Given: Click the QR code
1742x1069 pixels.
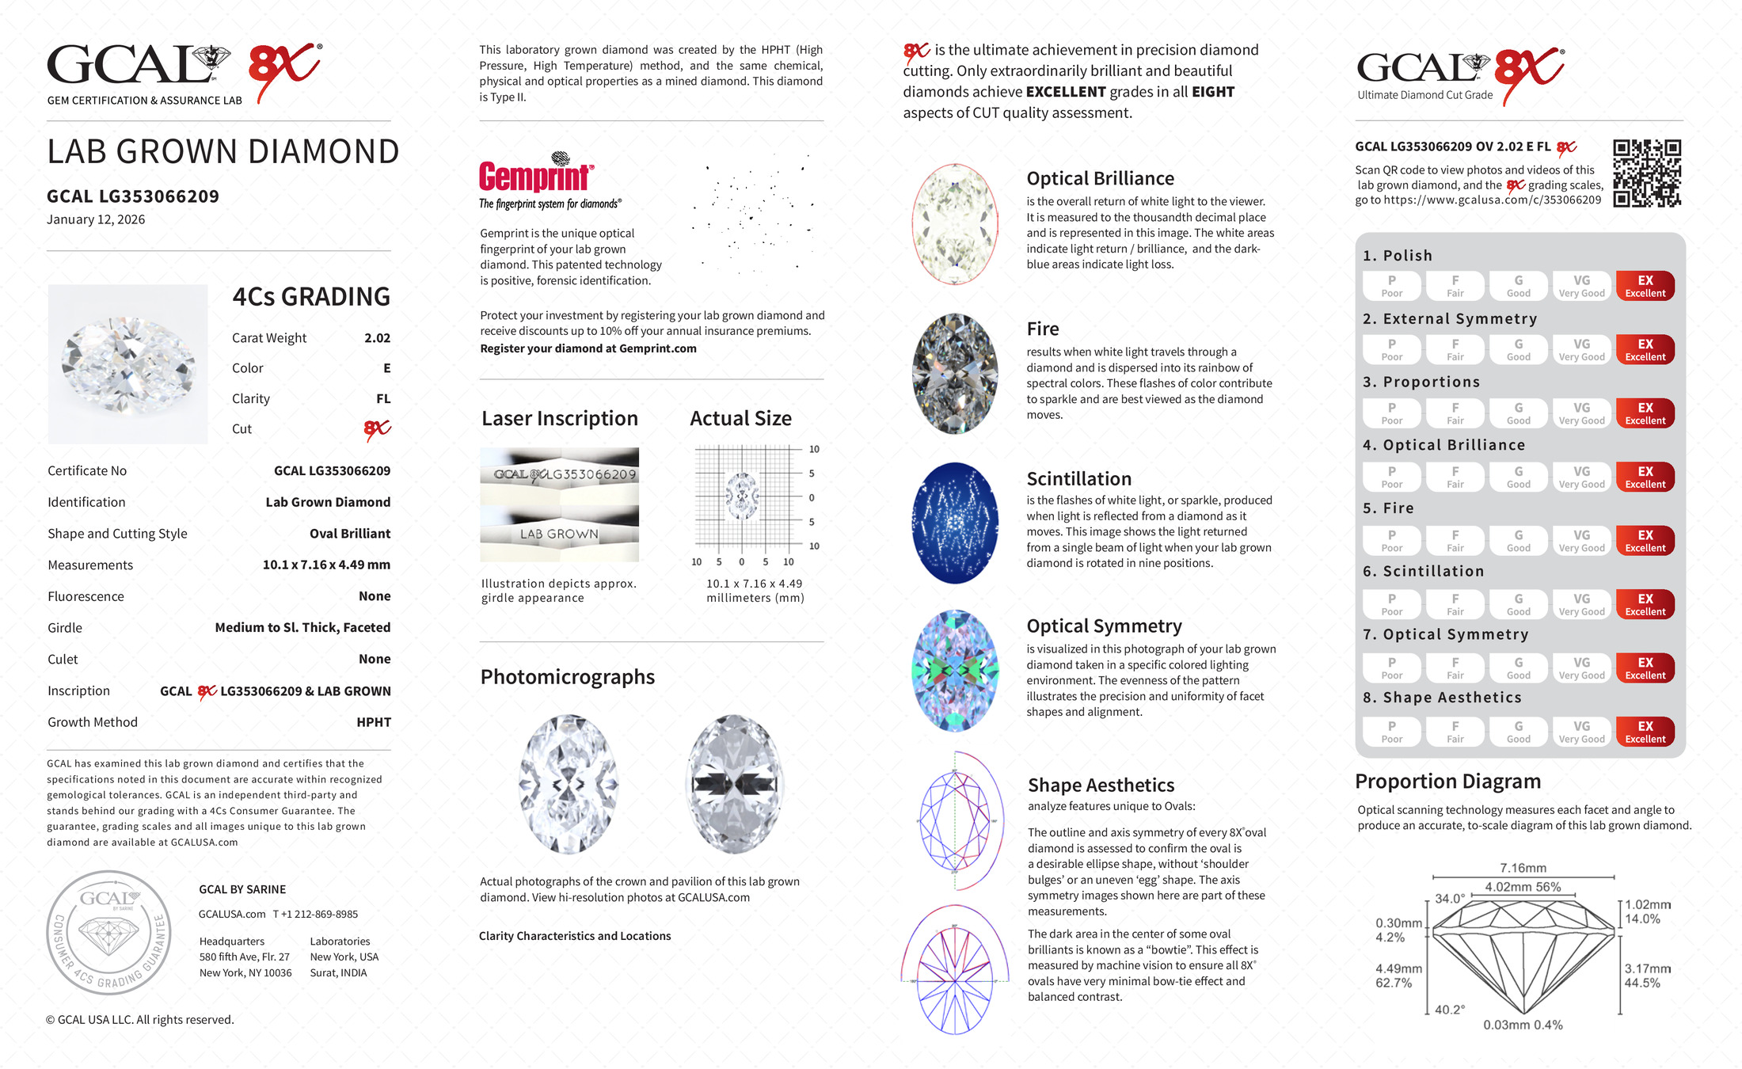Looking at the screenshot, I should point(1647,173).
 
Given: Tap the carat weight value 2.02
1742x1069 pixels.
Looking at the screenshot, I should point(377,338).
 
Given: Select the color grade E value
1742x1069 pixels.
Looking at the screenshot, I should point(386,368).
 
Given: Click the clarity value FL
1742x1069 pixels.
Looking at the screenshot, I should point(383,399).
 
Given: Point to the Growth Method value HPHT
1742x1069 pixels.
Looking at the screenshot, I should point(374,722).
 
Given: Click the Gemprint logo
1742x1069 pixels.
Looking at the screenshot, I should point(536,176).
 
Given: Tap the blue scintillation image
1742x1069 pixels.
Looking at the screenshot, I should point(955,523).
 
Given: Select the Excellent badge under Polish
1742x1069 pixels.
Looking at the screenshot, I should point(1645,286).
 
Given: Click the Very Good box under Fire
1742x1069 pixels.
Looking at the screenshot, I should point(1581,541).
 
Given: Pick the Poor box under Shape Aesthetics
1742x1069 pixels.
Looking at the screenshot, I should point(1391,732).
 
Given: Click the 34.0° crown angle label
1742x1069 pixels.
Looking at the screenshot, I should point(1450,899).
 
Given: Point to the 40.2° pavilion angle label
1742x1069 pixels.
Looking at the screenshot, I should point(1449,1010).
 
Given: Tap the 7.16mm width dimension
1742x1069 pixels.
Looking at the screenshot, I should point(1523,868).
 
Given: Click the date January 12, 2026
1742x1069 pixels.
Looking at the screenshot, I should point(96,219).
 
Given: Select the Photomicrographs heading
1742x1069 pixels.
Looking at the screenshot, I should point(567,677).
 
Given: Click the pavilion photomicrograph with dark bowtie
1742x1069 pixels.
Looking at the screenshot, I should point(735,783).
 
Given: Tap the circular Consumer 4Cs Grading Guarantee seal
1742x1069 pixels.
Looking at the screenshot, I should point(108,933).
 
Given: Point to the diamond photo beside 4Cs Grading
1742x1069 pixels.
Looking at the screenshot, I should point(128,363).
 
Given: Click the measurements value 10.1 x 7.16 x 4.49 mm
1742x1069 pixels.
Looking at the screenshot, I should point(326,565).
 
